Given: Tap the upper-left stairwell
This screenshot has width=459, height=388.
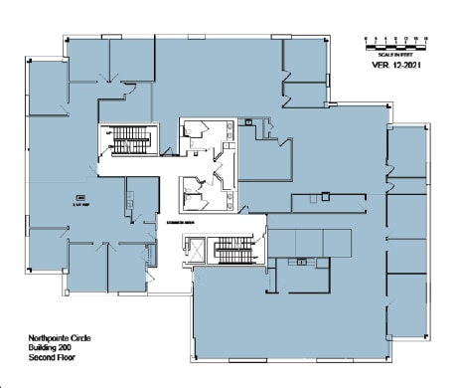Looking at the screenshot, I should coord(126,139).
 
